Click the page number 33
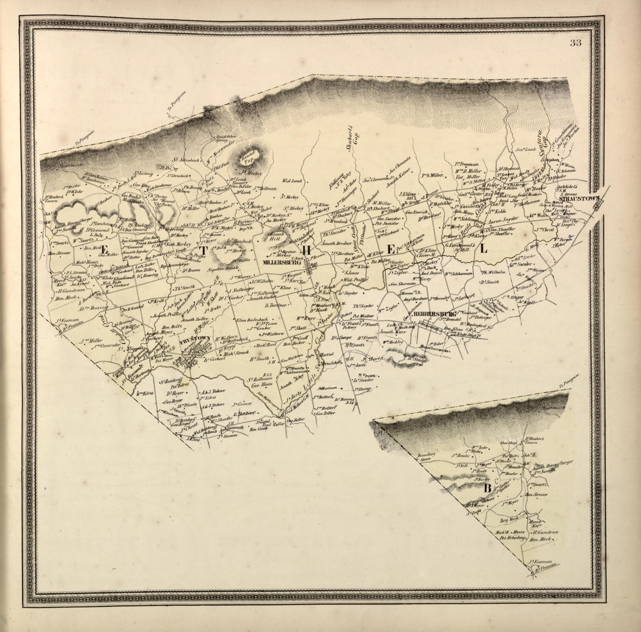(576, 43)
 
